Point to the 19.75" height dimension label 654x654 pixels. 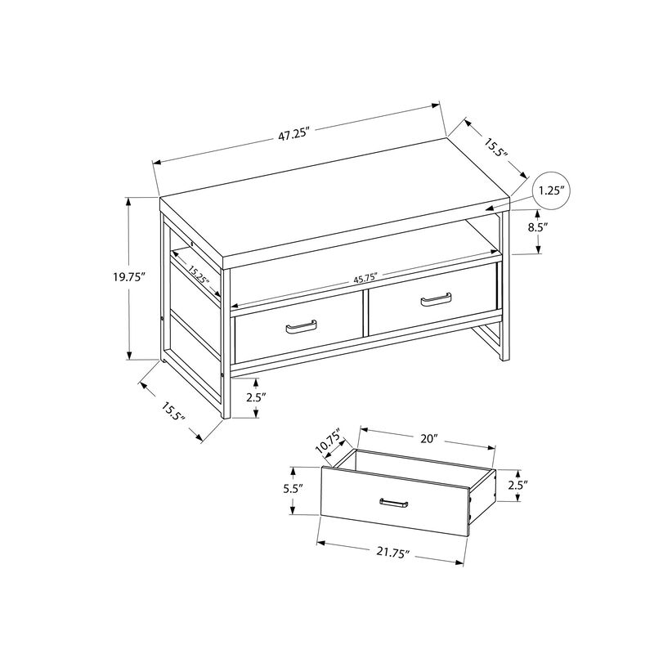click(x=129, y=277)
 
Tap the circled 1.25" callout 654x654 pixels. click(x=553, y=190)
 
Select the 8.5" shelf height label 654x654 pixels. click(x=537, y=228)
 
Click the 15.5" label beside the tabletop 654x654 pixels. click(x=496, y=148)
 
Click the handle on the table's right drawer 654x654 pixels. click(x=436, y=300)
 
